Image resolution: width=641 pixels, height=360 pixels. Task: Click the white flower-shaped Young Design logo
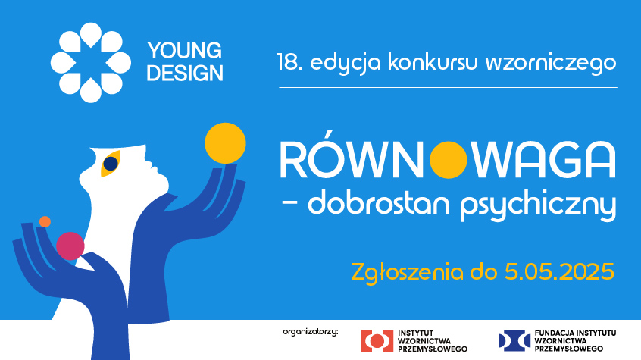(x=91, y=63)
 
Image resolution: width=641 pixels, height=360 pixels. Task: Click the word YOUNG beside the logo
(x=185, y=50)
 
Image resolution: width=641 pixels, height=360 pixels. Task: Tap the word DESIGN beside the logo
(x=185, y=73)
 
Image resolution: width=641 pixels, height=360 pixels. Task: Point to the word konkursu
(x=433, y=62)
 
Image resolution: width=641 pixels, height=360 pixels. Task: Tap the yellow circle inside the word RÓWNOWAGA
(x=449, y=160)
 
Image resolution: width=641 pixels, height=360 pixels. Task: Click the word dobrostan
(x=379, y=203)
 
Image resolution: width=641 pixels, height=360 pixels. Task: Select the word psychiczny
(x=538, y=206)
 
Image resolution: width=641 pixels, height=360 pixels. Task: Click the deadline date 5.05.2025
(x=560, y=271)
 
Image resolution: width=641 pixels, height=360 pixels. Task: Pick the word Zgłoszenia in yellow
(x=407, y=272)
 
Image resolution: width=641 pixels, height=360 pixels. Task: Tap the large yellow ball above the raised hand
(x=225, y=143)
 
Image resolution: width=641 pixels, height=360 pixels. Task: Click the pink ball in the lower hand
(x=70, y=246)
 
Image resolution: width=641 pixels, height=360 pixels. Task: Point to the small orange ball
(x=45, y=222)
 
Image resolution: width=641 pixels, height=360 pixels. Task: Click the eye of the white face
(x=111, y=164)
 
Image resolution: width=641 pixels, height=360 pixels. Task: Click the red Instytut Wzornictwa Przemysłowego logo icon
(x=377, y=341)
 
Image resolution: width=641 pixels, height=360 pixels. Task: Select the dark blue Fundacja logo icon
(x=514, y=340)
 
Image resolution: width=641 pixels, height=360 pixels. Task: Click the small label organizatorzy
(x=311, y=332)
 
